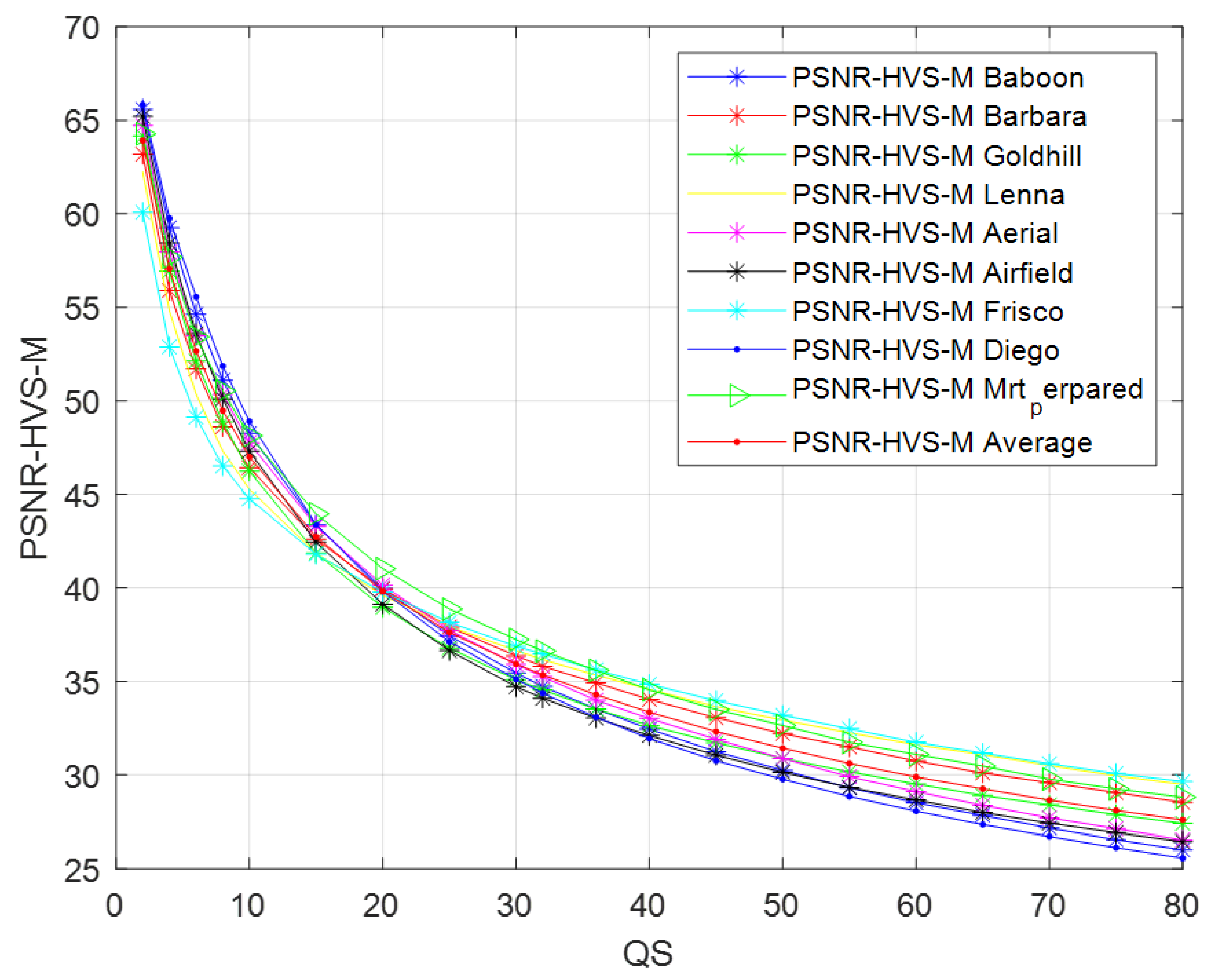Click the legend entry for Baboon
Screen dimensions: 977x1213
point(937,78)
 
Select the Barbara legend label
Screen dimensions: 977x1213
point(939,116)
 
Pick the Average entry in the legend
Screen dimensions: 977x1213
point(942,442)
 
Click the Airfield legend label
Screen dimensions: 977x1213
point(932,273)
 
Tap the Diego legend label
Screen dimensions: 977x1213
point(926,350)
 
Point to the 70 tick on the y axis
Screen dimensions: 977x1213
point(82,28)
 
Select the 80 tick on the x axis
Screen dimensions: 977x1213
point(1180,906)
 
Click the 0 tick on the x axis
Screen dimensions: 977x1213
point(115,906)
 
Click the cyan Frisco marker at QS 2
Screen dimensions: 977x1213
point(142,212)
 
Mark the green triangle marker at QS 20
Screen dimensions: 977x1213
point(384,568)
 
